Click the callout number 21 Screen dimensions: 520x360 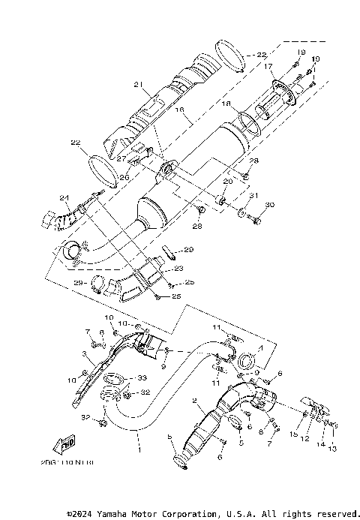138,84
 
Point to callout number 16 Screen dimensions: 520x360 178,110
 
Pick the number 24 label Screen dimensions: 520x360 65,199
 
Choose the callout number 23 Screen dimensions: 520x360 179,268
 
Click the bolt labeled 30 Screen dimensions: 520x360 258,221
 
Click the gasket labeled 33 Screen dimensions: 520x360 111,377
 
